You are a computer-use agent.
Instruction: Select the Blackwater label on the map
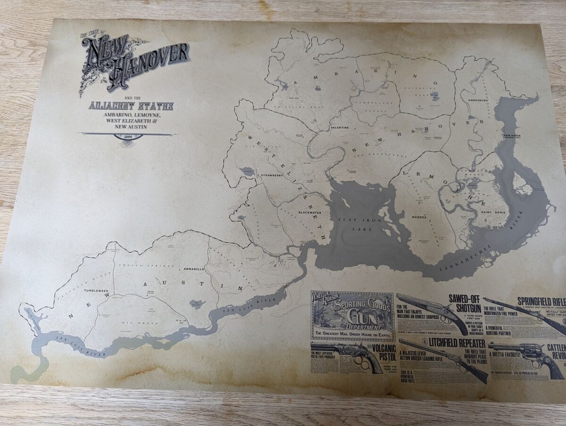tap(309, 213)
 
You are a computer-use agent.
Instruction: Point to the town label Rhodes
tap(419, 217)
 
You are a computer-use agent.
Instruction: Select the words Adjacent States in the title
tap(131, 106)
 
